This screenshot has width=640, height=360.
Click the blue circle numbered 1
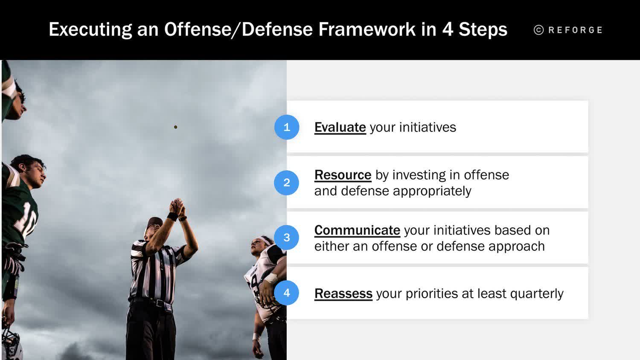[x=287, y=127]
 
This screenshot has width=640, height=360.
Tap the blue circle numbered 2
[x=287, y=183]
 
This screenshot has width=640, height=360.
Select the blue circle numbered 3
[x=287, y=238]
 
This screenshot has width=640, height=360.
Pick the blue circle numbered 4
[x=287, y=293]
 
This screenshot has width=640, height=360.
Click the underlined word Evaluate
[x=340, y=127]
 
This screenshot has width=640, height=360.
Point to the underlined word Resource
[x=343, y=175]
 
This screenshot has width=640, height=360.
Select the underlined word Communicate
[x=357, y=230]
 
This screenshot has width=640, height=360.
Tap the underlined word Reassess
[x=343, y=293]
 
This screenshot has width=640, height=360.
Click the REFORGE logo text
[x=575, y=30]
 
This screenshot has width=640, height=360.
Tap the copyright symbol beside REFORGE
[x=539, y=30]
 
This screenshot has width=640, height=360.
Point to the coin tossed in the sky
[x=175, y=127]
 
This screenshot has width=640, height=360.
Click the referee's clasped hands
[x=177, y=206]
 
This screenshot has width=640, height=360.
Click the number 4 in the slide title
[x=447, y=29]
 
